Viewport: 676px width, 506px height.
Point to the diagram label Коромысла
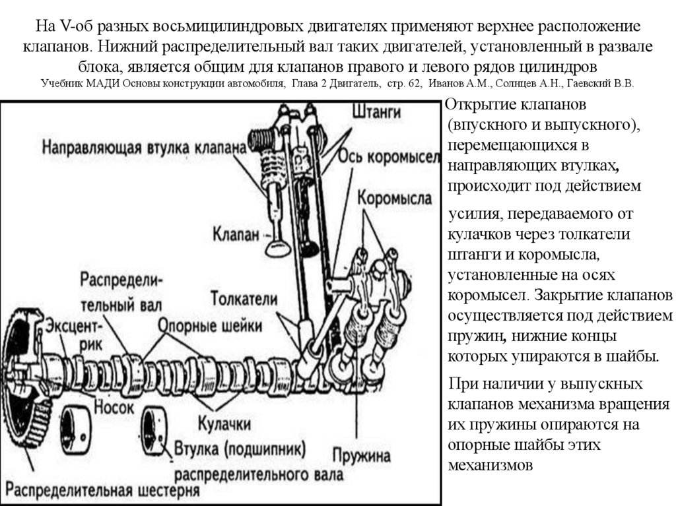coord(395,197)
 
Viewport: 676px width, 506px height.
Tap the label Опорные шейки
coord(211,326)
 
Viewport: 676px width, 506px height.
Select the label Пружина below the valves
coord(362,455)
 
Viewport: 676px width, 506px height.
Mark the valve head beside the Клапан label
coord(275,247)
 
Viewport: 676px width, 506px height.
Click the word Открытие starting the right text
coord(480,106)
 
